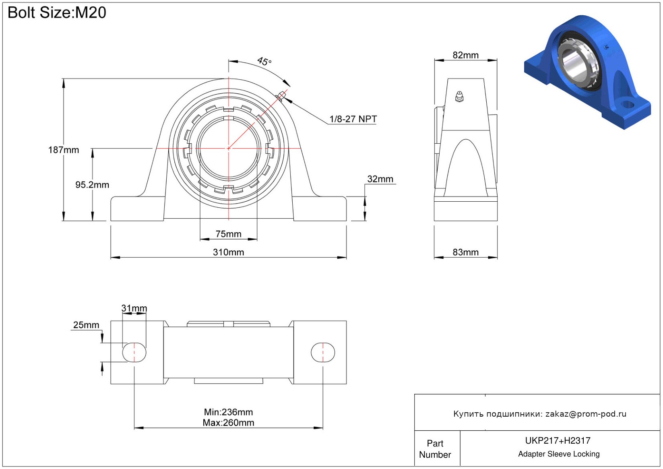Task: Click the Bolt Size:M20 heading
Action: click(56, 13)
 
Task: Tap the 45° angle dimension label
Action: click(264, 61)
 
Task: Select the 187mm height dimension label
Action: click(64, 150)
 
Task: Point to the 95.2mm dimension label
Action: click(92, 185)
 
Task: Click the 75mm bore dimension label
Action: click(228, 234)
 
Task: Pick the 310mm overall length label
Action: click(228, 252)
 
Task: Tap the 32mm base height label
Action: click(380, 179)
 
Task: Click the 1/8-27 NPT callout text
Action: click(353, 119)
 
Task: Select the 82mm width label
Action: click(465, 55)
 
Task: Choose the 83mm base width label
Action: click(465, 252)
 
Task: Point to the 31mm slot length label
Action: click(134, 308)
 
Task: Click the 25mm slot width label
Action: click(86, 325)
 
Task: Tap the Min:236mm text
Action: click(228, 412)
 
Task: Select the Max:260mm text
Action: click(228, 423)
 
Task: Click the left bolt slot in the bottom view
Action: click(134, 352)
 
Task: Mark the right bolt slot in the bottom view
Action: click(322, 352)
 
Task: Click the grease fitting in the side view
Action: click(459, 97)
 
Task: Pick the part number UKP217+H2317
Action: click(558, 440)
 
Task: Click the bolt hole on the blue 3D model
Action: click(627, 104)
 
